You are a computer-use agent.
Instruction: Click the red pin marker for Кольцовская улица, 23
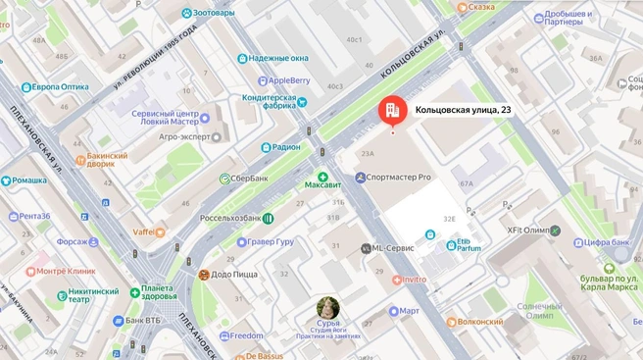tap(392, 111)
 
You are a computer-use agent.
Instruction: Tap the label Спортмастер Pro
tap(399, 178)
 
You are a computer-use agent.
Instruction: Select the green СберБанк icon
tap(224, 179)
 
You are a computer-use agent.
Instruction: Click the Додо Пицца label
tap(234, 275)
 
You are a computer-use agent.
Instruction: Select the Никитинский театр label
tap(92, 295)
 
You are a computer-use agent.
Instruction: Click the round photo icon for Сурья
tap(328, 307)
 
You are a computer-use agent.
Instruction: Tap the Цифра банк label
tap(607, 241)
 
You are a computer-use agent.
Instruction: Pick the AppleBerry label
tap(288, 80)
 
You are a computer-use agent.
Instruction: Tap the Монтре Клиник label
tap(66, 271)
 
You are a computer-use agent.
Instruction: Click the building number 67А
tap(466, 183)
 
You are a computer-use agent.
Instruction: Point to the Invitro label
tap(414, 280)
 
